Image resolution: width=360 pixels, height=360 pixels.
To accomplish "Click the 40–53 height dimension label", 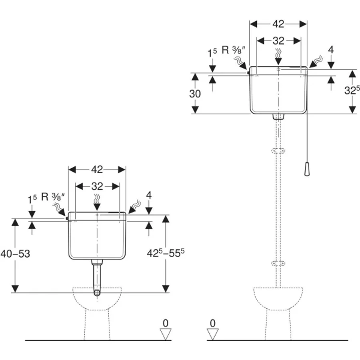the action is click(x=15, y=254).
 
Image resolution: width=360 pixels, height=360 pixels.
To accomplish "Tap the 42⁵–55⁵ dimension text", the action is click(x=166, y=253).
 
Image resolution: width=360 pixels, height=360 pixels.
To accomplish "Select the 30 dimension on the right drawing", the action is click(x=195, y=94).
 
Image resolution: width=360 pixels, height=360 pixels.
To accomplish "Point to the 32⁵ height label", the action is click(x=352, y=90).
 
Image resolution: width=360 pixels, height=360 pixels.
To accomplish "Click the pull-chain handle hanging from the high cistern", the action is click(x=307, y=170).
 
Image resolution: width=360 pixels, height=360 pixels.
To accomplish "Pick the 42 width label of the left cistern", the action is click(x=97, y=170).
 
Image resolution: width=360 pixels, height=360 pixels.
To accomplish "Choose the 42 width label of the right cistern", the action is click(x=278, y=24).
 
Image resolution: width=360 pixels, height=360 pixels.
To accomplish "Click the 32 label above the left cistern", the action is click(x=97, y=186).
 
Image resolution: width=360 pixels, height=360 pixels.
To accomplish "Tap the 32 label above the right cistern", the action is click(x=278, y=41).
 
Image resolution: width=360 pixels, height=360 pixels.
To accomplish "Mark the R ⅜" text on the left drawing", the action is click(x=53, y=197).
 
